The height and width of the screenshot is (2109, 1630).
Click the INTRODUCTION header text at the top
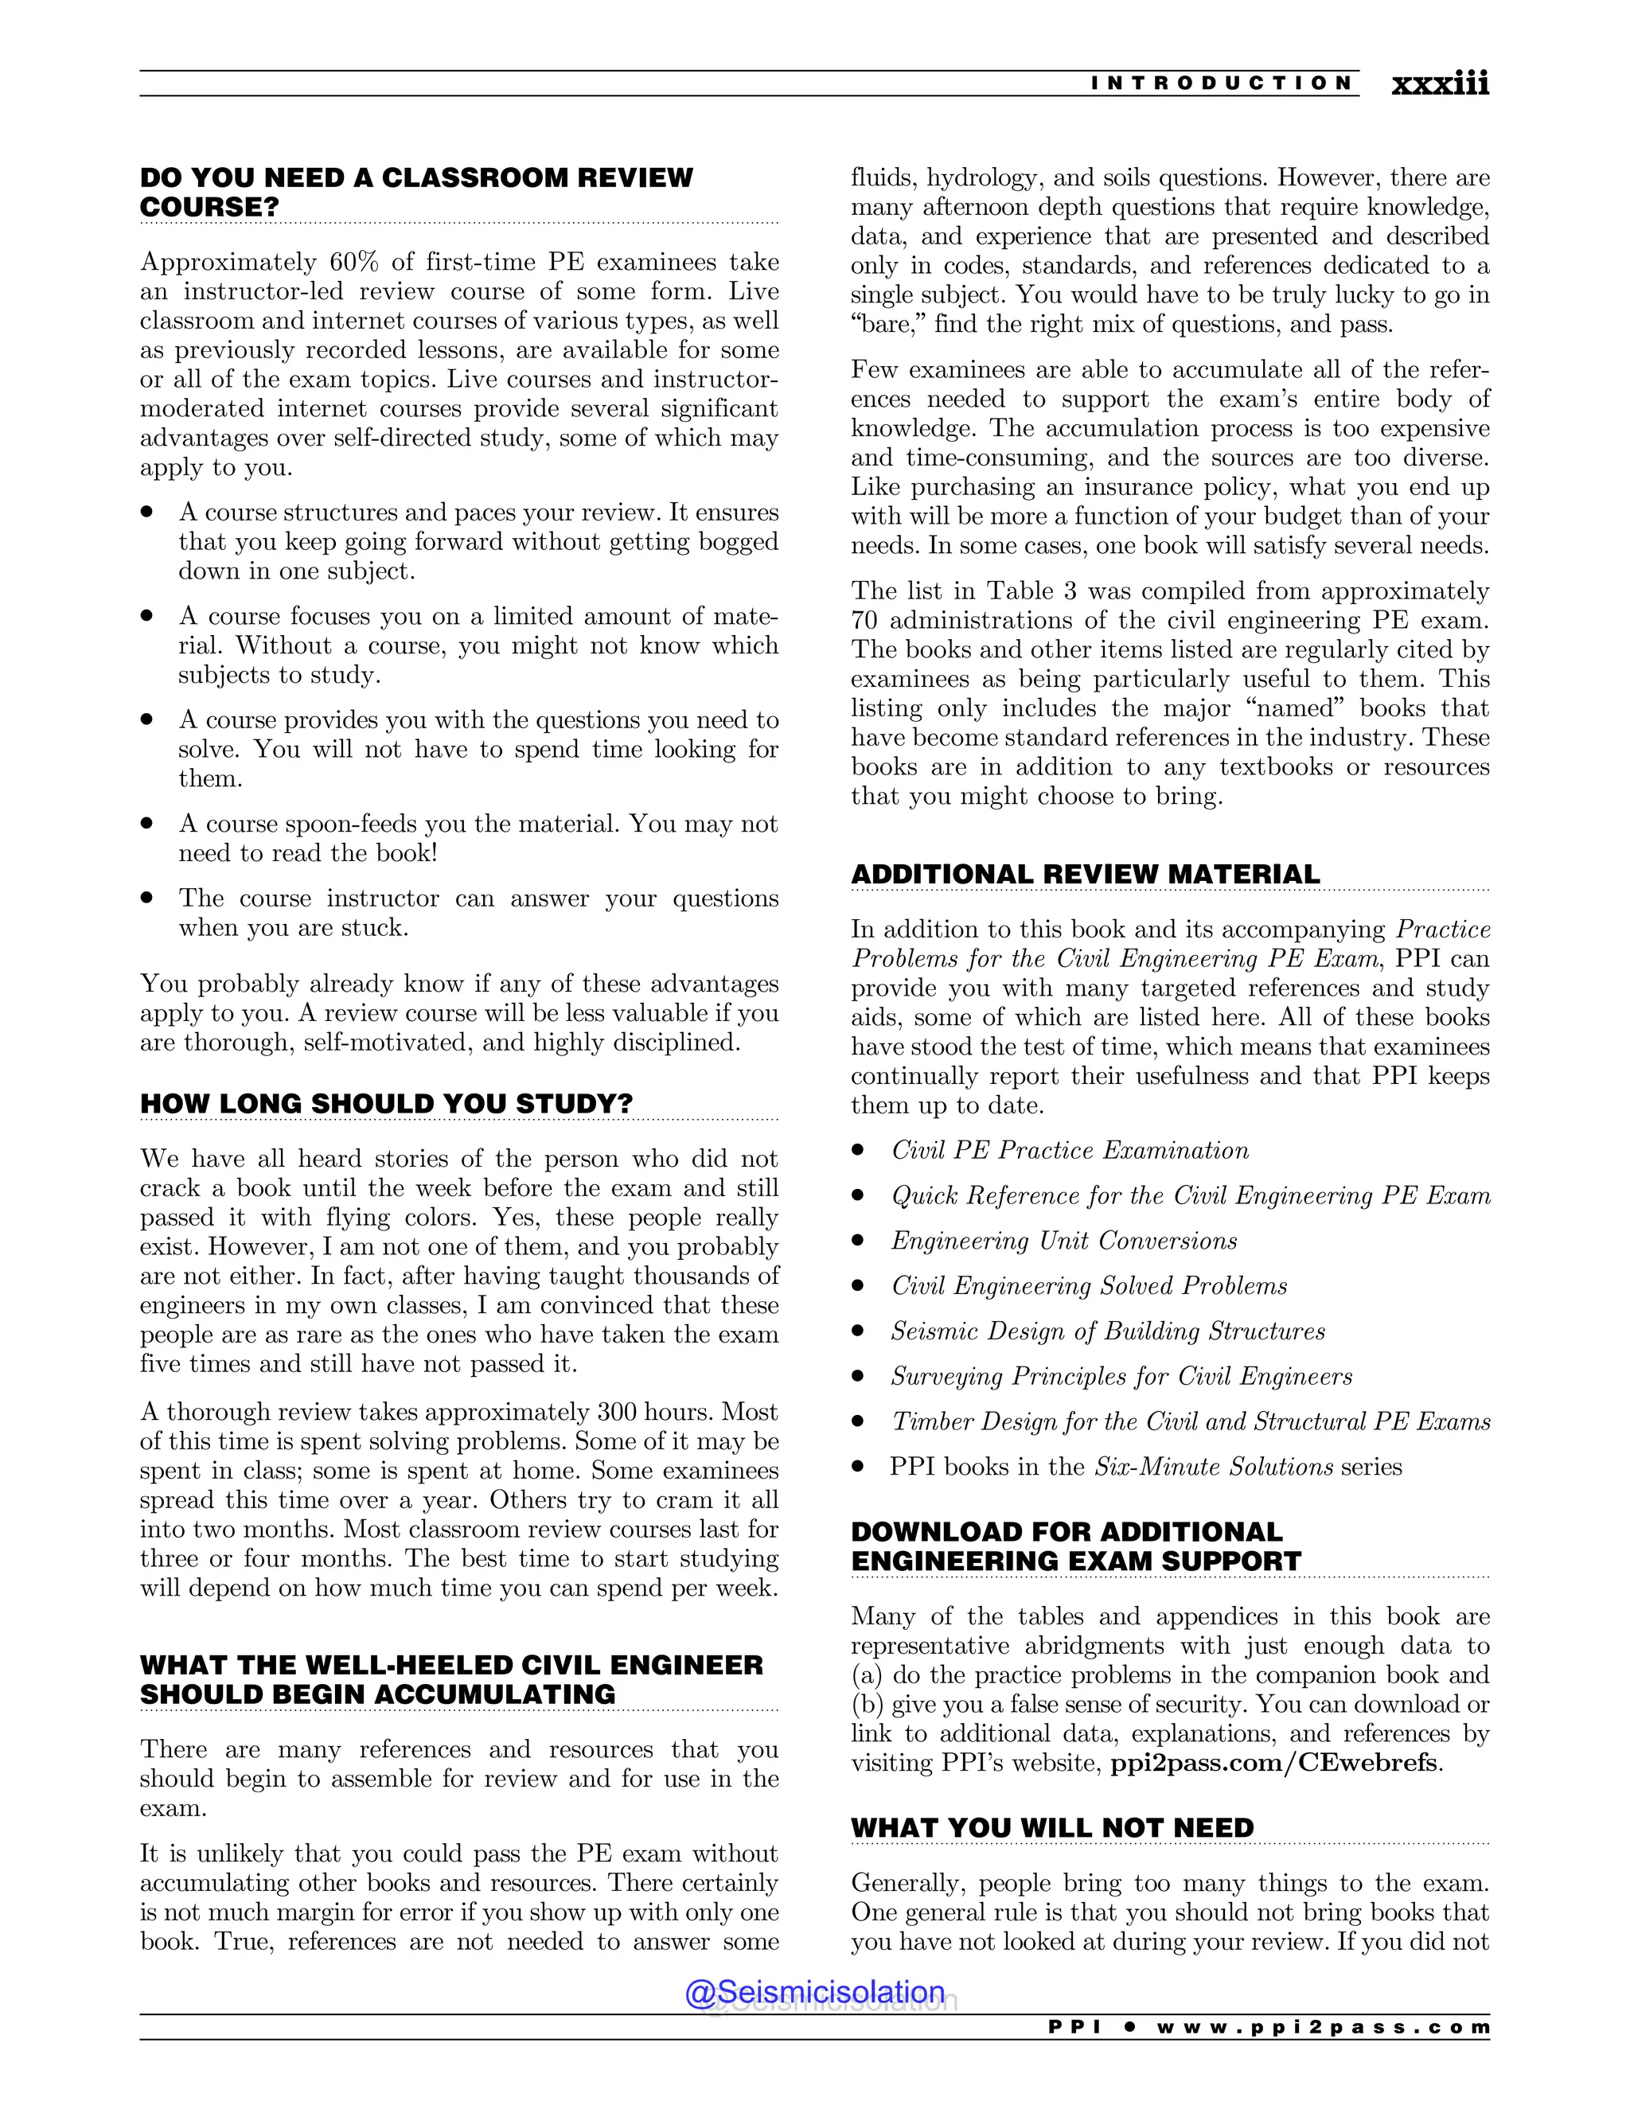pos(1222,83)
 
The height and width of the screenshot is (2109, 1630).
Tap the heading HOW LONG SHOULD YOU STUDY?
pos(386,1103)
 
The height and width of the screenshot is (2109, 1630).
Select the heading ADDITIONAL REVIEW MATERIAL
pos(1085,874)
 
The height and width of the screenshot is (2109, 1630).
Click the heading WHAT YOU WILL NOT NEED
pos(1051,1827)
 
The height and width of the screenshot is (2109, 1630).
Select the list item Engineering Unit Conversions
pos(1063,1241)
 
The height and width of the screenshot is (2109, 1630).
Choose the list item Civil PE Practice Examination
pos(1069,1150)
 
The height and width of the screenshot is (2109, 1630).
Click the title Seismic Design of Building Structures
pos(1108,1331)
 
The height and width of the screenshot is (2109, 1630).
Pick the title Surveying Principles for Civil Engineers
pos(1121,1376)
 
